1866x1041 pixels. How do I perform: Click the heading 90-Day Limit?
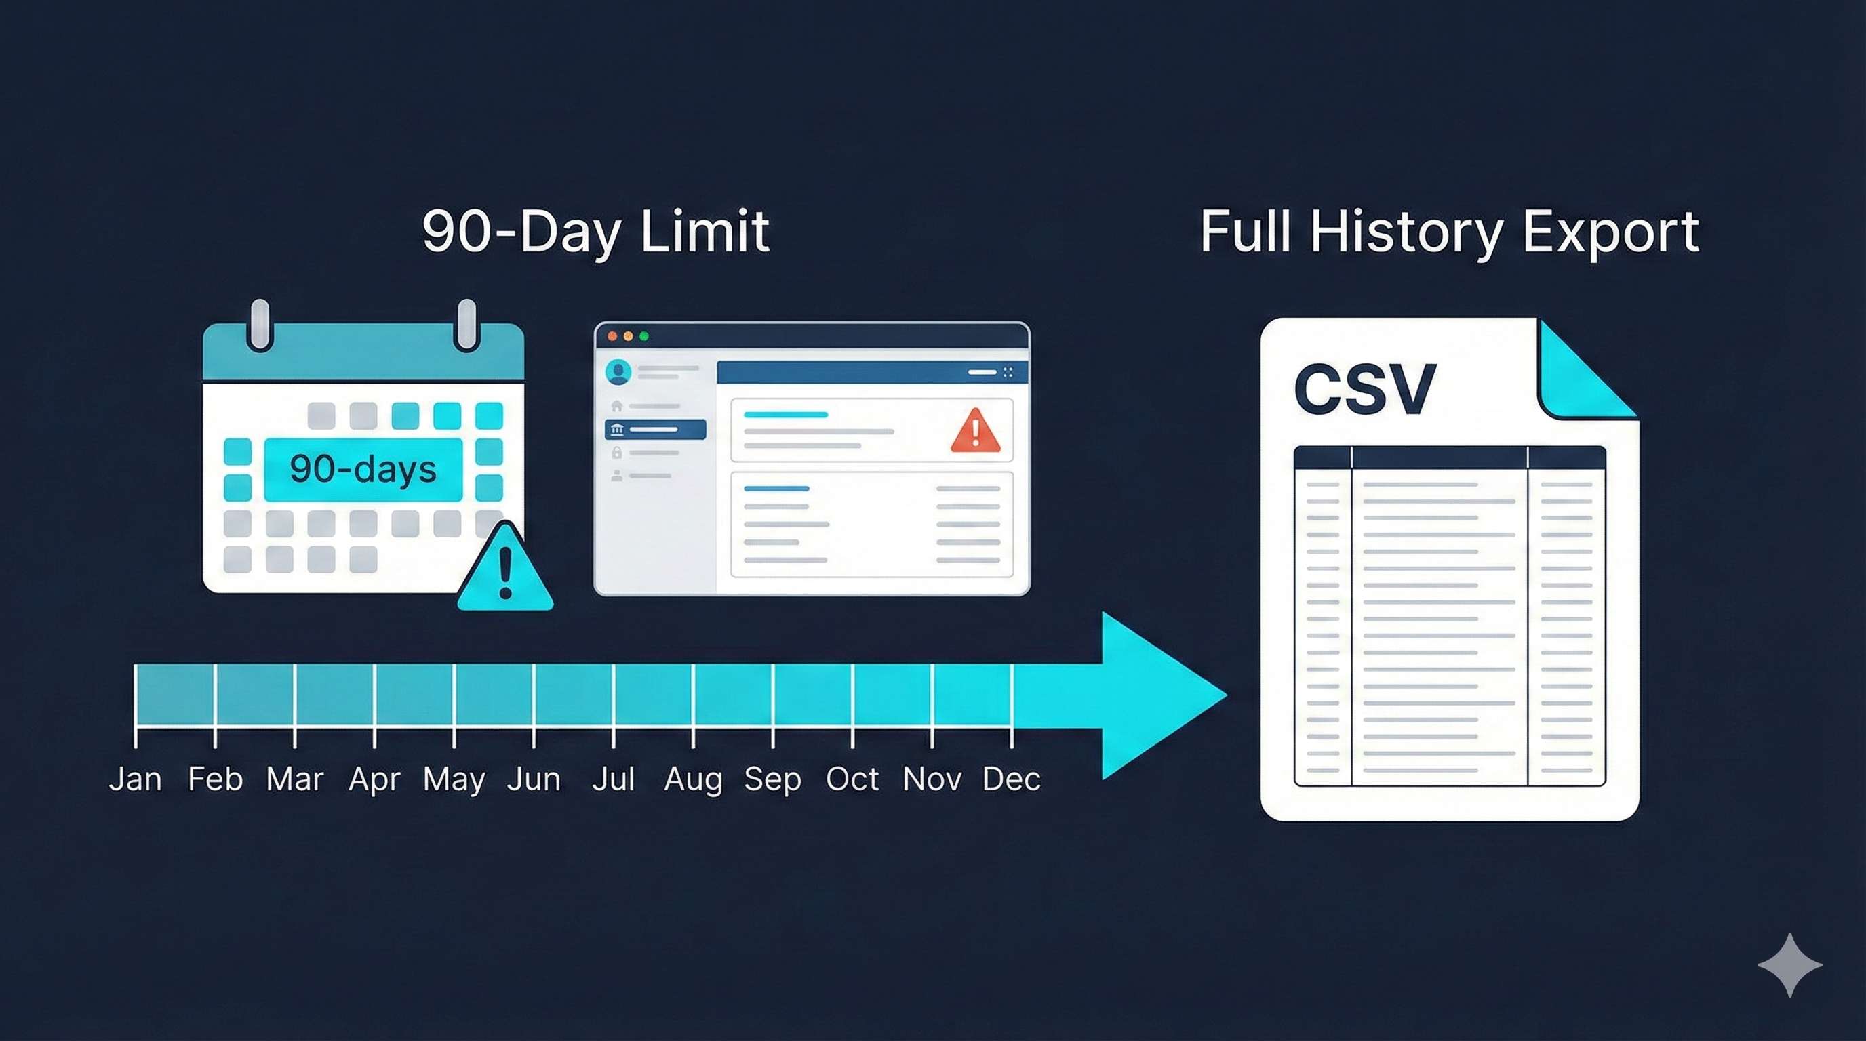click(595, 232)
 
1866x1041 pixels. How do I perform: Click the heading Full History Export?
click(1450, 232)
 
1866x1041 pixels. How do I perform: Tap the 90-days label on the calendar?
click(363, 468)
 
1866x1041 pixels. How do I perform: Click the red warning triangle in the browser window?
click(976, 432)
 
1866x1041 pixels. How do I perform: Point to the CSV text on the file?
click(1365, 389)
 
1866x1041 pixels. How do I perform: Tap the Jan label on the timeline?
click(136, 779)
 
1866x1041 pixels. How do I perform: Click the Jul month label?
click(614, 779)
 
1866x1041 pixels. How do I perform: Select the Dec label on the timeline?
click(1012, 779)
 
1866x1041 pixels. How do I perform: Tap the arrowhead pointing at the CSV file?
click(1159, 695)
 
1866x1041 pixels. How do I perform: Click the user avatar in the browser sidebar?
click(618, 372)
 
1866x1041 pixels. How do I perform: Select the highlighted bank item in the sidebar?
click(655, 430)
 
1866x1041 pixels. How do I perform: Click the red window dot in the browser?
click(612, 336)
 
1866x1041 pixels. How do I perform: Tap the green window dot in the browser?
click(644, 336)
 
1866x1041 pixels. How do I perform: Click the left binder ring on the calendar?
click(259, 325)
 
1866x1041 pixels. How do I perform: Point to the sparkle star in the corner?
click(1790, 965)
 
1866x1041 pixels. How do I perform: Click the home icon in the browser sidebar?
click(616, 405)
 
